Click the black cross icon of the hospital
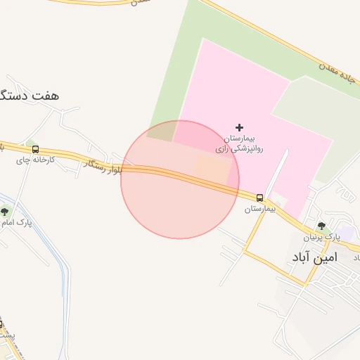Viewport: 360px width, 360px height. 240,127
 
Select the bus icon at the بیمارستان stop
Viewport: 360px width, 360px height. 260,198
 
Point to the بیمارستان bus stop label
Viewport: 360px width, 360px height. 262,209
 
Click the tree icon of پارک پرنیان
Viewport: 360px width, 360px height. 322,226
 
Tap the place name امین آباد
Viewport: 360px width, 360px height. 314,257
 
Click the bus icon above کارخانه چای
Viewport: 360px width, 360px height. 35,149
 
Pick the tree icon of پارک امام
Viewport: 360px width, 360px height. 5,211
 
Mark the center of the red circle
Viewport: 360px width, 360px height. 180,180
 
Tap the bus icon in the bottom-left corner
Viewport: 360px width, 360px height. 1,323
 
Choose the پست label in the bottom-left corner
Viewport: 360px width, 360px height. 6,336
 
